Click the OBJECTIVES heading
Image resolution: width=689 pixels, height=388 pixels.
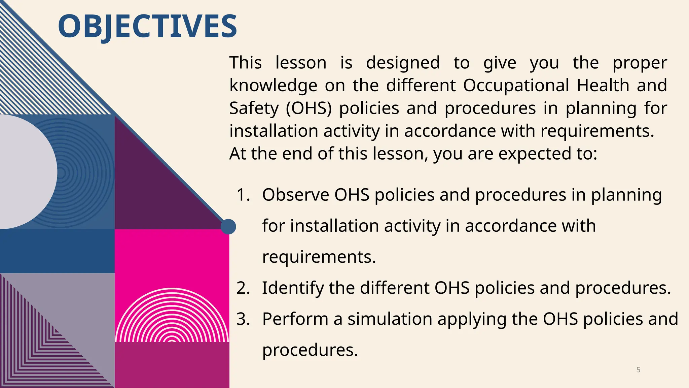pos(147,26)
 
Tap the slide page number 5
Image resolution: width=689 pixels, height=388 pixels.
pos(638,370)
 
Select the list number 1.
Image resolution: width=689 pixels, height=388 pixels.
pos(243,195)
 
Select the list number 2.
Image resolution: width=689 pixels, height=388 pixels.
pos(243,288)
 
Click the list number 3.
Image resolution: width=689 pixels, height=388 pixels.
pos(243,319)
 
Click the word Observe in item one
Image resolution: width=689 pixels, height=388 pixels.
pos(295,195)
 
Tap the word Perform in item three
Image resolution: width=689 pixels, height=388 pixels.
pos(295,319)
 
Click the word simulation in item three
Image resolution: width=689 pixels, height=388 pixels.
pos(390,319)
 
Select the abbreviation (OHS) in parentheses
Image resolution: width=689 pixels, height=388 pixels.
pos(309,108)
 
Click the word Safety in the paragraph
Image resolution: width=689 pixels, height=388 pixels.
pos(254,108)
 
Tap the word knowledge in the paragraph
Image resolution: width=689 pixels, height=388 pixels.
pos(273,85)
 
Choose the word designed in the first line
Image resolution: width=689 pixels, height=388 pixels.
pos(403,63)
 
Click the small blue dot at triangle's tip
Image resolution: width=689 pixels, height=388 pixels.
pos(228,227)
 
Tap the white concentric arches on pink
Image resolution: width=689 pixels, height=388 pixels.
pos(172,320)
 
